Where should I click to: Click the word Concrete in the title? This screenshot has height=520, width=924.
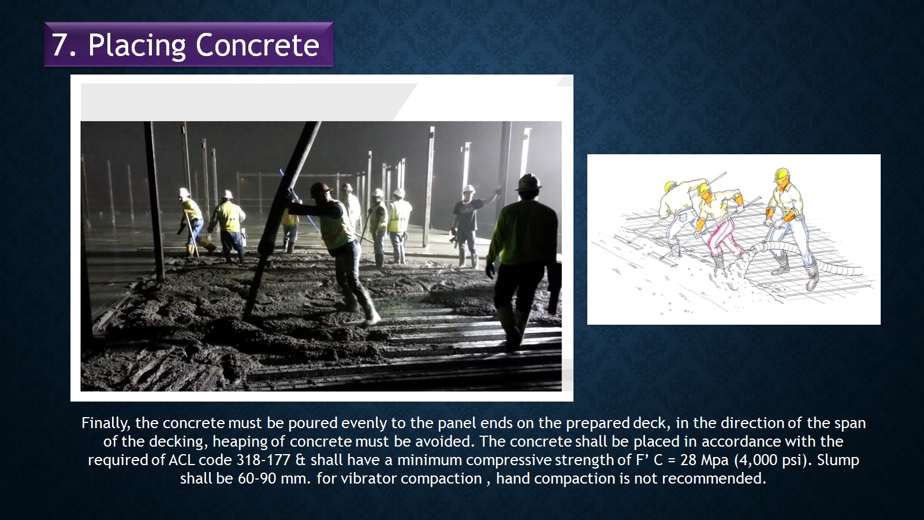tap(258, 44)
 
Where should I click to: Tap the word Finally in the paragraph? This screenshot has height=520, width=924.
tap(106, 424)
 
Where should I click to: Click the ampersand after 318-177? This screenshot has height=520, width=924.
tap(300, 460)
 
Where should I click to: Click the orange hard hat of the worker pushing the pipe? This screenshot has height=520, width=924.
tap(321, 189)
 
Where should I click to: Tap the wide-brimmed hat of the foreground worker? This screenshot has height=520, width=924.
tap(528, 182)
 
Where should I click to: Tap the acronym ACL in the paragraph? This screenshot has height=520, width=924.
tap(181, 460)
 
